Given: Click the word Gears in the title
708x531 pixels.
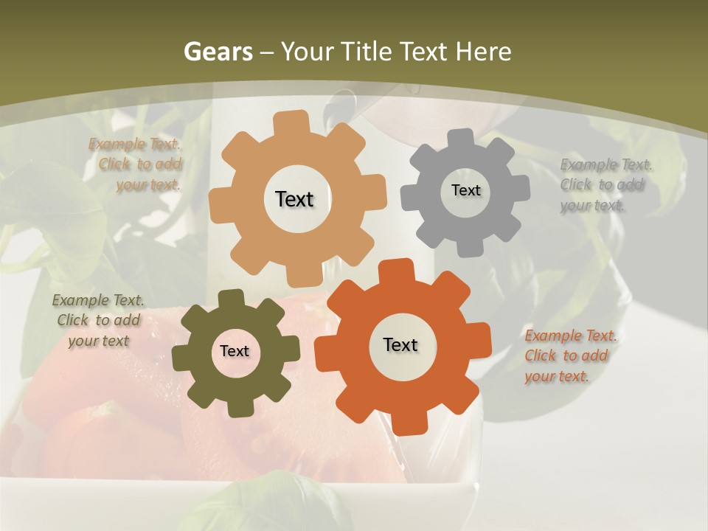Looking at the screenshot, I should (x=218, y=52).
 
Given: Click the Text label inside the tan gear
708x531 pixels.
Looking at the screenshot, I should (x=294, y=199).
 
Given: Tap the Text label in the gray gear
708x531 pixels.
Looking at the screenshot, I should (x=465, y=190).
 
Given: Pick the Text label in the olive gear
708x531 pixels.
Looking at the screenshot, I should (x=235, y=352).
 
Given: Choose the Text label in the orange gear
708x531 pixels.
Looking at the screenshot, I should (x=400, y=344).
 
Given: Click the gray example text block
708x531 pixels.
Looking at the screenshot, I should (x=605, y=185).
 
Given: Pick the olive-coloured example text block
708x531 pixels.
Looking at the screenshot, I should (x=99, y=321).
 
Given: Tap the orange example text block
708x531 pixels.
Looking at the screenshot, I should (x=569, y=356).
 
